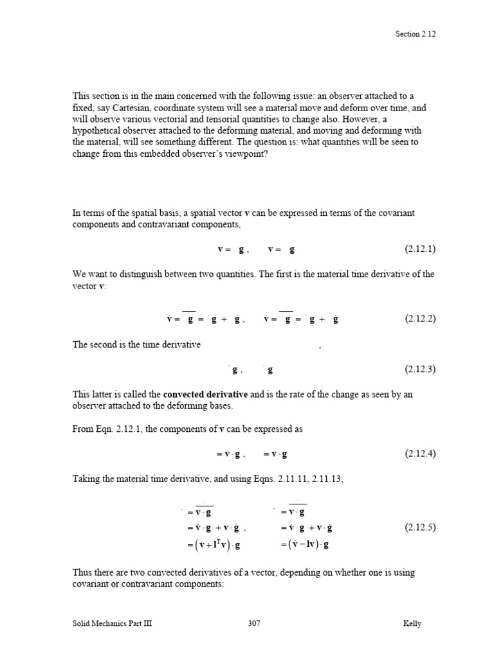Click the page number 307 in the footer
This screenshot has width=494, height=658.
click(x=254, y=624)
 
